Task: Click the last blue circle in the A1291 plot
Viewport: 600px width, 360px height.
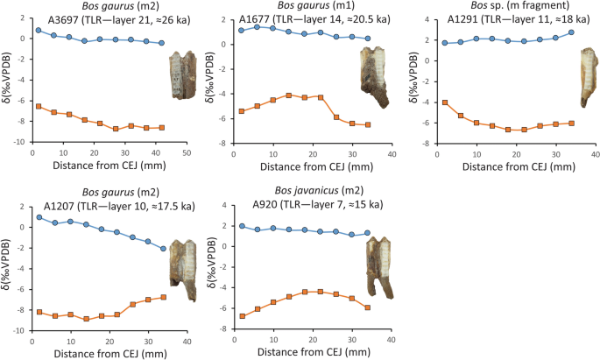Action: click(x=571, y=32)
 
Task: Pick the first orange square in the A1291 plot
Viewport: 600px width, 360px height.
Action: click(x=445, y=102)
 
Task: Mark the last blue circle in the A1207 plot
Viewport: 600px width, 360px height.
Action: click(x=163, y=249)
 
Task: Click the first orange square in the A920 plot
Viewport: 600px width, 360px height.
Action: click(x=241, y=316)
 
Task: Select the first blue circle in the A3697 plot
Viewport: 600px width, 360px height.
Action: click(x=38, y=30)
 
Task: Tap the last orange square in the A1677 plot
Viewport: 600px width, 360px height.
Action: click(x=367, y=125)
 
